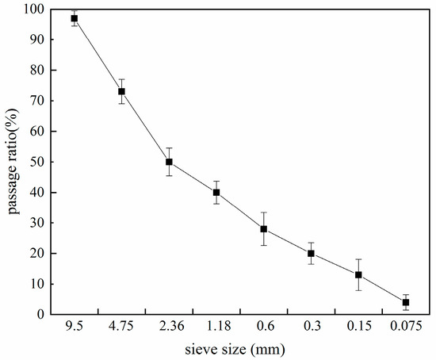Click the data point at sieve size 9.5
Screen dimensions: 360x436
tap(75, 18)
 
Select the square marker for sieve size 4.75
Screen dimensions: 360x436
tap(121, 91)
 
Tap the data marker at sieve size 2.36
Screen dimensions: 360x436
tap(169, 162)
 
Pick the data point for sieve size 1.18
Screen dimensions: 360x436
tap(216, 192)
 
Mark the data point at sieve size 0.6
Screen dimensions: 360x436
tap(263, 229)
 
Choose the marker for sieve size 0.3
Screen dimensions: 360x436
tap(311, 254)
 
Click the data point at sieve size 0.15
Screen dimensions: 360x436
tap(358, 275)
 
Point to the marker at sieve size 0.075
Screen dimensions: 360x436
tap(406, 302)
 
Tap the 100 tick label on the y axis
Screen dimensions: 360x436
tap(33, 10)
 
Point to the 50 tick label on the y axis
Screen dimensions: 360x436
tap(36, 162)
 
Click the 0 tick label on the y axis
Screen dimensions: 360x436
tap(39, 315)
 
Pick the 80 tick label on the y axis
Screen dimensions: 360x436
tap(36, 71)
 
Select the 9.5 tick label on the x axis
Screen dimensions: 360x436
tap(75, 327)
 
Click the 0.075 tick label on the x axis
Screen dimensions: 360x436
tap(406, 327)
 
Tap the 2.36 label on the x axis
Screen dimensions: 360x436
tap(169, 327)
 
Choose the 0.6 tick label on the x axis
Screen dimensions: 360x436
tap(263, 327)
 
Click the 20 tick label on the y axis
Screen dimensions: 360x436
tap(36, 254)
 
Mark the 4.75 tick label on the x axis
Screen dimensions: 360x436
tap(121, 327)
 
